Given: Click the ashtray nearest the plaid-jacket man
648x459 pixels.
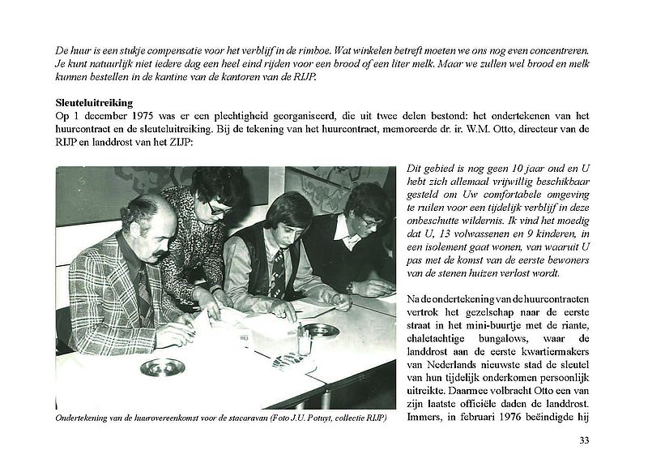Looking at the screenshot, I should tap(161, 366).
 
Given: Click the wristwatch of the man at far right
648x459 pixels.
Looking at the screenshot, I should tap(350, 286).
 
